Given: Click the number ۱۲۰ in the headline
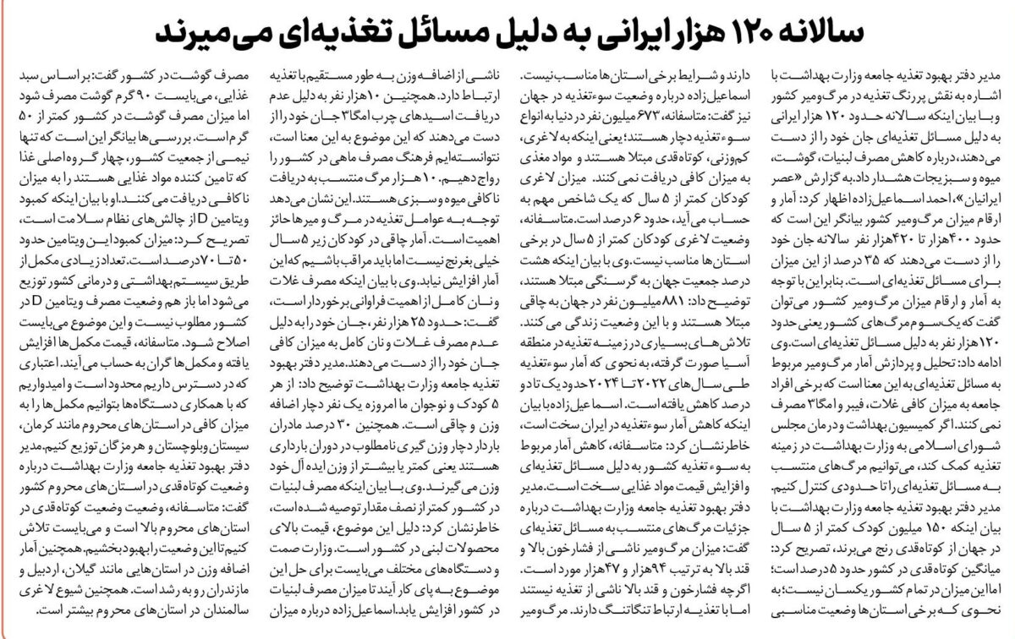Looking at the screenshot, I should click(x=751, y=33).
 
